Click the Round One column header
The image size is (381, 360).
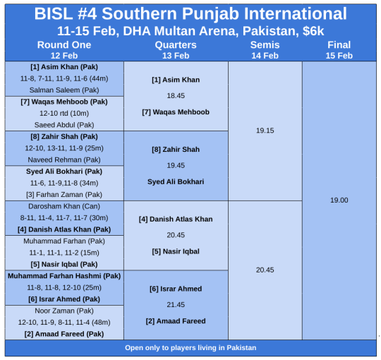(x=64, y=45)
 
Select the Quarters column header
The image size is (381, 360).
(x=176, y=45)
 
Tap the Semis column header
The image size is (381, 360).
(x=265, y=45)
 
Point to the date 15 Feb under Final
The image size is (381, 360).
(x=339, y=56)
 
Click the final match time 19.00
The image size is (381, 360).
(x=339, y=200)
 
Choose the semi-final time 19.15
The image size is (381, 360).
(x=265, y=131)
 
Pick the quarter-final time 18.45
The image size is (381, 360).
(x=176, y=96)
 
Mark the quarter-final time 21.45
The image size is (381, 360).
(x=176, y=305)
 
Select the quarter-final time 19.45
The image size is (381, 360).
(x=176, y=166)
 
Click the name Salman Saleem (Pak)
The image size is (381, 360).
(x=64, y=90)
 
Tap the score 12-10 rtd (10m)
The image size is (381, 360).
(x=64, y=114)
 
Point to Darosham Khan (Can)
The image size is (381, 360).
(x=64, y=206)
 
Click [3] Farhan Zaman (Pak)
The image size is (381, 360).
(x=64, y=195)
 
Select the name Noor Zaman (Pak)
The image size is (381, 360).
(x=64, y=311)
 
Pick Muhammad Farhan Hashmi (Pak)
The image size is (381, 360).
(x=64, y=276)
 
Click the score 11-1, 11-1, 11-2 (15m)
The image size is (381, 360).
(x=64, y=253)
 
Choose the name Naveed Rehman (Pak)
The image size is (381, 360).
(x=64, y=160)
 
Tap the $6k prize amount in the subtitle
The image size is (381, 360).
(x=313, y=31)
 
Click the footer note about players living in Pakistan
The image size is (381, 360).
(x=190, y=348)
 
